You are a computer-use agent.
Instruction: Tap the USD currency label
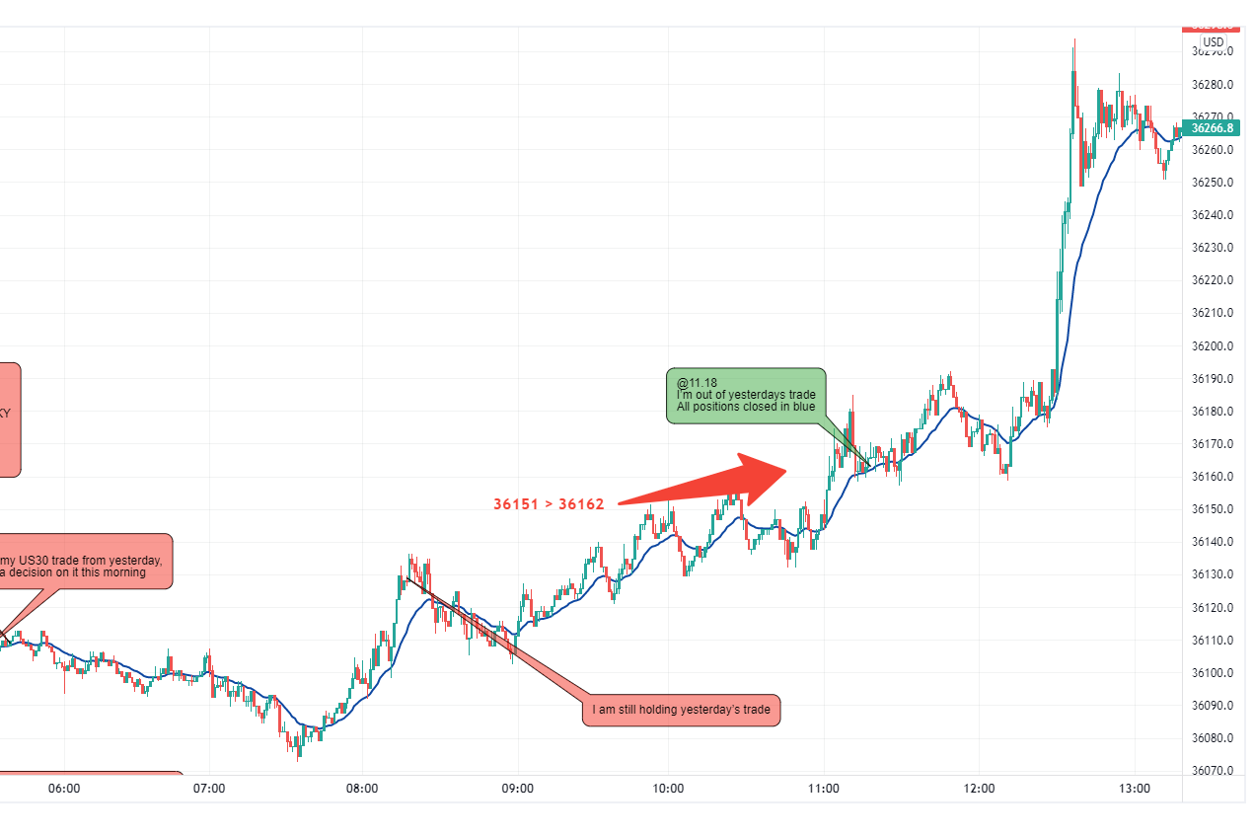pos(1214,42)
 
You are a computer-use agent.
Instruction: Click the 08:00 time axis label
pos(362,789)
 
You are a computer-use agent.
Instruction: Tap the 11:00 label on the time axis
pos(824,789)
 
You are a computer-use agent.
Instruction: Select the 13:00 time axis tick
pos(1135,789)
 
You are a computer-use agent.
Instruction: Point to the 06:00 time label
pos(63,789)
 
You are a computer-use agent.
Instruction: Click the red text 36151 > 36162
pos(549,504)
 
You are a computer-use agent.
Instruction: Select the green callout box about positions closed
pos(747,395)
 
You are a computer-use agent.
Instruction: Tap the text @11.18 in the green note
pos(697,382)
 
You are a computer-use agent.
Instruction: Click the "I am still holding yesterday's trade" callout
pos(681,709)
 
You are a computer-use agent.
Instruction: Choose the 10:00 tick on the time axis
pos(669,789)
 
